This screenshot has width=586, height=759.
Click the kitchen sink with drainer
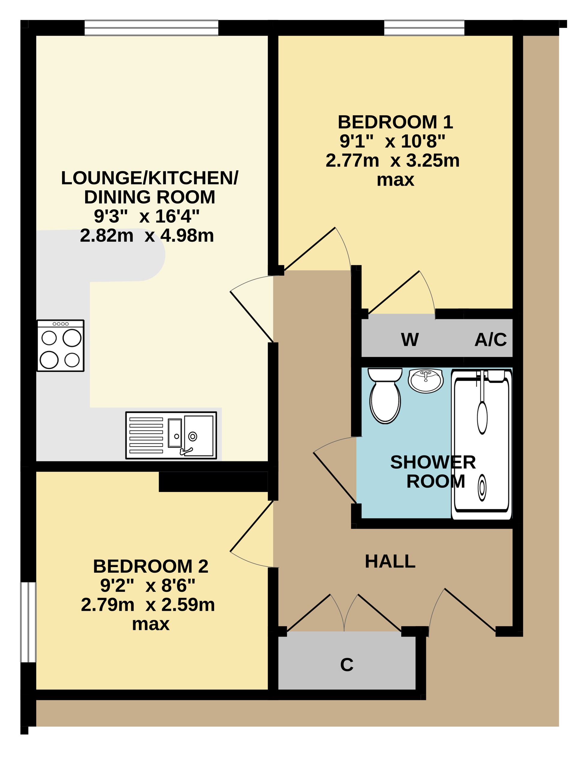tap(171, 436)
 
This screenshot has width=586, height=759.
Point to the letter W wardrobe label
tap(410, 340)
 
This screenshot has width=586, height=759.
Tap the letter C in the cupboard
tap(347, 665)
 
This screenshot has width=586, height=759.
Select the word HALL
tap(390, 561)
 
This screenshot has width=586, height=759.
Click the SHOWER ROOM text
tap(433, 472)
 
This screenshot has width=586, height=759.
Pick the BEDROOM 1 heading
tap(395, 122)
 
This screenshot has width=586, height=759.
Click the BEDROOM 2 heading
tap(151, 566)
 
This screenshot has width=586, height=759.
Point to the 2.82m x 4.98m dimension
tap(147, 235)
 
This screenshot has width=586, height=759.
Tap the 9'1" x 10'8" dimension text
tap(392, 141)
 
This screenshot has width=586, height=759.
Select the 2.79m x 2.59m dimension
tap(148, 605)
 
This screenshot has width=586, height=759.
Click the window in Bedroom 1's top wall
tap(424, 28)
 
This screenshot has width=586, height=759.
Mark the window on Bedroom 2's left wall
tap(29, 622)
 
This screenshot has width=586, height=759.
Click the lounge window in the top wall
tap(152, 28)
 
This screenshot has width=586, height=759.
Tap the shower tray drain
tap(482, 488)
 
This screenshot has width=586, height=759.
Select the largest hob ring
tap(72, 337)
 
